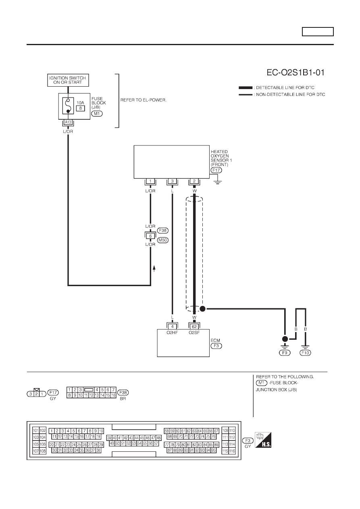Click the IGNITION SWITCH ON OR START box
tap(68, 80)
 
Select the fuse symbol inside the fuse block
tap(68, 106)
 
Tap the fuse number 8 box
tap(81, 108)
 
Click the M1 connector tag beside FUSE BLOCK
tap(97, 114)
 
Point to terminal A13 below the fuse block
tap(68, 122)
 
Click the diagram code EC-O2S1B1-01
tap(295, 73)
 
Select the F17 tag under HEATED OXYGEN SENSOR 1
tap(216, 170)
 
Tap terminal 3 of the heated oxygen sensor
tap(172, 181)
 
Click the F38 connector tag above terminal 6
tap(163, 231)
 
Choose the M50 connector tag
tap(163, 240)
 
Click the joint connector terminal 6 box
tap(150, 236)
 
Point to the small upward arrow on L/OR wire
tap(154, 268)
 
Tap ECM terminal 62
tap(194, 327)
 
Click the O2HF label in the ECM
tap(172, 332)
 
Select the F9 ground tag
tap(285, 353)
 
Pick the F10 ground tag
tap(306, 353)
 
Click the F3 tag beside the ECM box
tap(216, 346)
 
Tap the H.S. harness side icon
tap(263, 440)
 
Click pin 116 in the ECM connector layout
tap(232, 451)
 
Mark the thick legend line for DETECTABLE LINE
tap(246, 88)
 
